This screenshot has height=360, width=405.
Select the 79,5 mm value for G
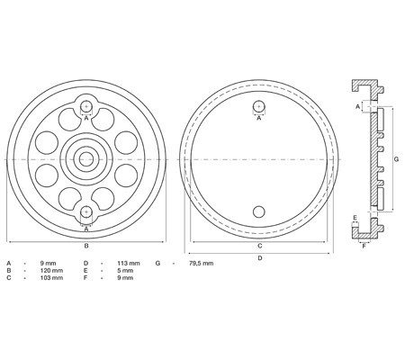coord(201,262)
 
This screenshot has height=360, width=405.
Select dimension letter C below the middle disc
coord(259,244)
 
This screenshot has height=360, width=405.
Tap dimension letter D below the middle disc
coord(259,258)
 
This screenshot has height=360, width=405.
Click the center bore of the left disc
coord(85,158)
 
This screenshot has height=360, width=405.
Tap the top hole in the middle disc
coord(259,106)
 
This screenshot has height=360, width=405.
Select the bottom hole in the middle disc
coord(259,211)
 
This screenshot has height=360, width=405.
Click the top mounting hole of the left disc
coord(85,106)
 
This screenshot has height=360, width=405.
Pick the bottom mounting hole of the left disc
coord(85,211)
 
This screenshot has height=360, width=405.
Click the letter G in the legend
coord(157,262)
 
